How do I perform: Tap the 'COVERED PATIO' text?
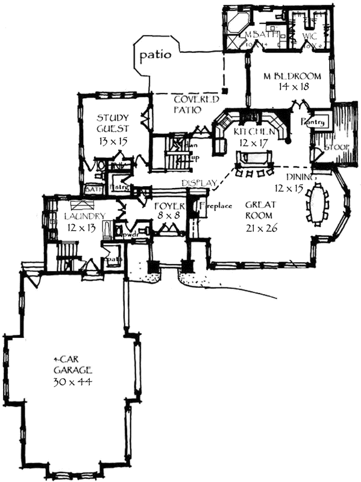pos(190,105)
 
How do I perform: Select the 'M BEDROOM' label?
pos(292,77)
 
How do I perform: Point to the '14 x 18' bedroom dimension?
pos(292,87)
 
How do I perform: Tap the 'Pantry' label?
pos(318,122)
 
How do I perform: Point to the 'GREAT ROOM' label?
pos(260,210)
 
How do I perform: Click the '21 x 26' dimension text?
pos(260,228)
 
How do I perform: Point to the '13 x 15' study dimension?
pos(112,142)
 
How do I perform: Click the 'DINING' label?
pos(298,177)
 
